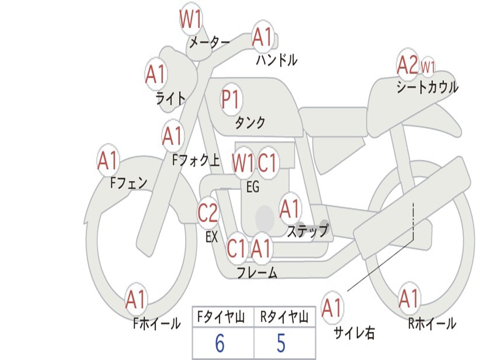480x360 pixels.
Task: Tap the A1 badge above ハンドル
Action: (262, 37)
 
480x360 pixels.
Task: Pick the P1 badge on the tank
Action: (231, 99)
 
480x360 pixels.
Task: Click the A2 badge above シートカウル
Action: (407, 65)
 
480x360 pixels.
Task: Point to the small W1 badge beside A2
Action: (427, 67)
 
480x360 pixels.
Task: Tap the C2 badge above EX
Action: (208, 214)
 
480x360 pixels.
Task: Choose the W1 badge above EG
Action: (243, 163)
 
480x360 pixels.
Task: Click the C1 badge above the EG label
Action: (268, 163)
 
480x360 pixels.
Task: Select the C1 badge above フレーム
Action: (236, 248)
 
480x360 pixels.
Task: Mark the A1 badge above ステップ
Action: (290, 209)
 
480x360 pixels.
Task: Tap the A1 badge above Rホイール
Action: (409, 299)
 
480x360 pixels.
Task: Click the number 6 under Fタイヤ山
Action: (220, 344)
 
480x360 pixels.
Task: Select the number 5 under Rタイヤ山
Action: (281, 344)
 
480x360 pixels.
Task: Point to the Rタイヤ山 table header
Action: (284, 318)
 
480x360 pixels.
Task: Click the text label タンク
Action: (250, 123)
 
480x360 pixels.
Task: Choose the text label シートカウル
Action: (427, 88)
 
